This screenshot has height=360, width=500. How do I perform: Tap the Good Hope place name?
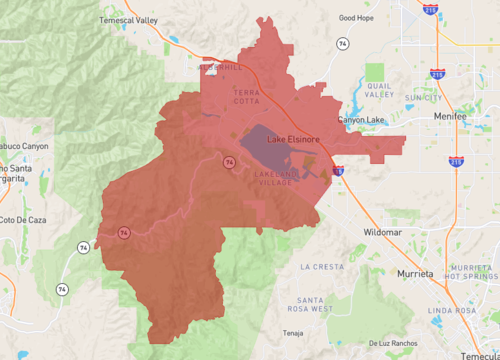click(x=356, y=17)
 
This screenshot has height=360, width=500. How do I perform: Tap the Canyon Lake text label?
click(x=361, y=120)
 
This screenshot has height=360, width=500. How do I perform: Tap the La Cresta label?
click(x=322, y=267)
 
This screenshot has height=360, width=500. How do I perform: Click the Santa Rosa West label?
click(x=309, y=304)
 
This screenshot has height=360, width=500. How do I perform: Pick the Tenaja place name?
click(x=292, y=333)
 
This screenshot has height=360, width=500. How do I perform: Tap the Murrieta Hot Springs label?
click(x=473, y=272)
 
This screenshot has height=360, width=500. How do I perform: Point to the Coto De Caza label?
click(x=20, y=219)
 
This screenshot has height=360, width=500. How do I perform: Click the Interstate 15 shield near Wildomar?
click(x=338, y=171)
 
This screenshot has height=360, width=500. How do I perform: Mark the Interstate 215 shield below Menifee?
click(x=456, y=160)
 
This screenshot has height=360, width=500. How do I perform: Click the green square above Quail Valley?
click(x=374, y=72)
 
